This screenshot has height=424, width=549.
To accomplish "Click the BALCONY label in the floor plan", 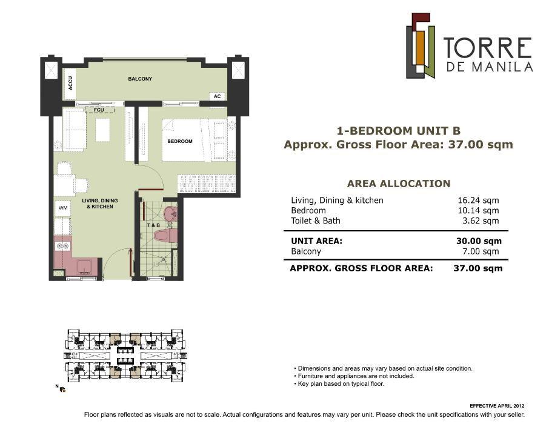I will tap(140, 79).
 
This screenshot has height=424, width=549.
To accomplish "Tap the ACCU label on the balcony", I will tap(71, 85).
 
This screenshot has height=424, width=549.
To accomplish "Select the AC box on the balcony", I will tap(217, 96).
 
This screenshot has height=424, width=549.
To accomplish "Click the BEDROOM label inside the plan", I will tap(180, 141).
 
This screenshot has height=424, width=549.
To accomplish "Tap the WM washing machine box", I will tap(63, 208).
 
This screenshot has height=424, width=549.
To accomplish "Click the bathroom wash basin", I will tap(171, 213).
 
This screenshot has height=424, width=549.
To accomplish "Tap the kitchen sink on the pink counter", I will tap(84, 267).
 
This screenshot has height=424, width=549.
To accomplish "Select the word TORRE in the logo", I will tap(487, 48).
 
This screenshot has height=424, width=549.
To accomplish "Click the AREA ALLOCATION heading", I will tap(398, 184).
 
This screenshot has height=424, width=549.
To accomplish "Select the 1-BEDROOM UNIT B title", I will tap(398, 130).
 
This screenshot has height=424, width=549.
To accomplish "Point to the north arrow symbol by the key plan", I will tap(61, 388).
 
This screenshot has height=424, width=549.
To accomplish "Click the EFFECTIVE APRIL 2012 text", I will tap(497, 405).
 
